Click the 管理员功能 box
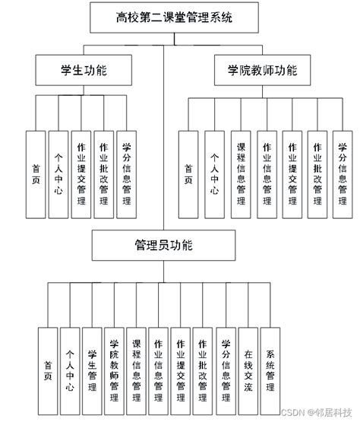[x=163, y=245]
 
